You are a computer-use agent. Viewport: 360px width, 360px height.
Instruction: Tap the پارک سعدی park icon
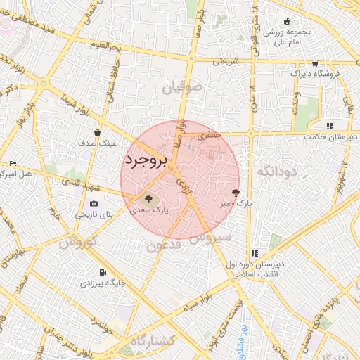pos(148,198)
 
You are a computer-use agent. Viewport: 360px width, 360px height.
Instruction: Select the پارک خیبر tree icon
pos(236,192)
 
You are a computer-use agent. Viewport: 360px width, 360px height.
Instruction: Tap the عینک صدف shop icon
pos(98,131)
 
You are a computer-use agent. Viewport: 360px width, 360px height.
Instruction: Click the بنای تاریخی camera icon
pos(94,204)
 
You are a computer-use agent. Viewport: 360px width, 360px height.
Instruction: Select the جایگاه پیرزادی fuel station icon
pos(103,273)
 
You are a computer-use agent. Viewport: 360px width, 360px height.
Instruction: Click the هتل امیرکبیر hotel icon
pos(13,163)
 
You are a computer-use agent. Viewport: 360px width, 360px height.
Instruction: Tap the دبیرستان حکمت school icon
pos(329,126)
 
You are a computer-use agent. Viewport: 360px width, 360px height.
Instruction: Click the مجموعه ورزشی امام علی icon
pos(287,21)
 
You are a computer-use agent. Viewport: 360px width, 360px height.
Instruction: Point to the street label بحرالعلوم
pos(105,45)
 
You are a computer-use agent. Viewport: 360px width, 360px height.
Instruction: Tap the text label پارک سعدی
pos(148,210)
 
